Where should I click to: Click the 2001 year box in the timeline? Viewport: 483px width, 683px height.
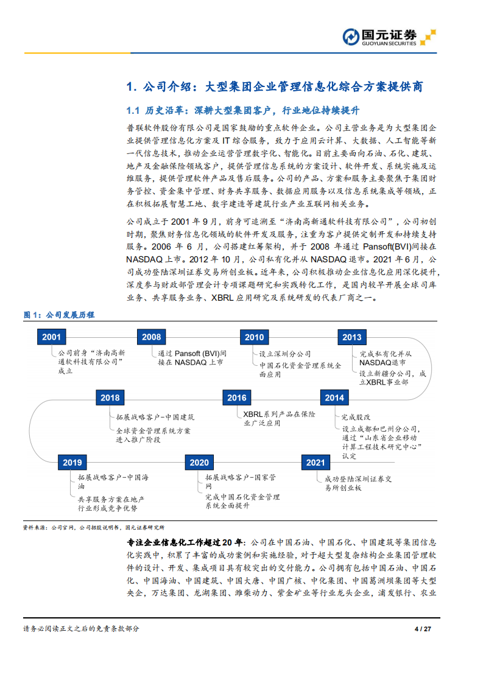51,337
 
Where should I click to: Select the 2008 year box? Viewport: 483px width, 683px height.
151,337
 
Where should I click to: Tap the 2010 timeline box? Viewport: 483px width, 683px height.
254,337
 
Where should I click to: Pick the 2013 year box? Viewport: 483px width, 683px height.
351,337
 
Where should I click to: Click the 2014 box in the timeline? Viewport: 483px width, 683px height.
334,398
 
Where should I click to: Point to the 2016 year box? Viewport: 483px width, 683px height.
236,398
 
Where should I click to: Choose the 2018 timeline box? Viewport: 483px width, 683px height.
110,398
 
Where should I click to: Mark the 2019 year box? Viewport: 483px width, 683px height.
72,462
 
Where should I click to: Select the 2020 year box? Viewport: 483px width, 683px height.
199,462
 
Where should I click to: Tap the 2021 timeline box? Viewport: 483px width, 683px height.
316,462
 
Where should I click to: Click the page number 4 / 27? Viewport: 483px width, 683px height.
423,629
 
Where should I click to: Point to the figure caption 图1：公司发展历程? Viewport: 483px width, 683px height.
59,315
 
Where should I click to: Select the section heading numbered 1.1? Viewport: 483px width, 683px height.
242,111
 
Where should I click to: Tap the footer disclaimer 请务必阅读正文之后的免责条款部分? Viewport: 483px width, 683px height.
81,629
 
